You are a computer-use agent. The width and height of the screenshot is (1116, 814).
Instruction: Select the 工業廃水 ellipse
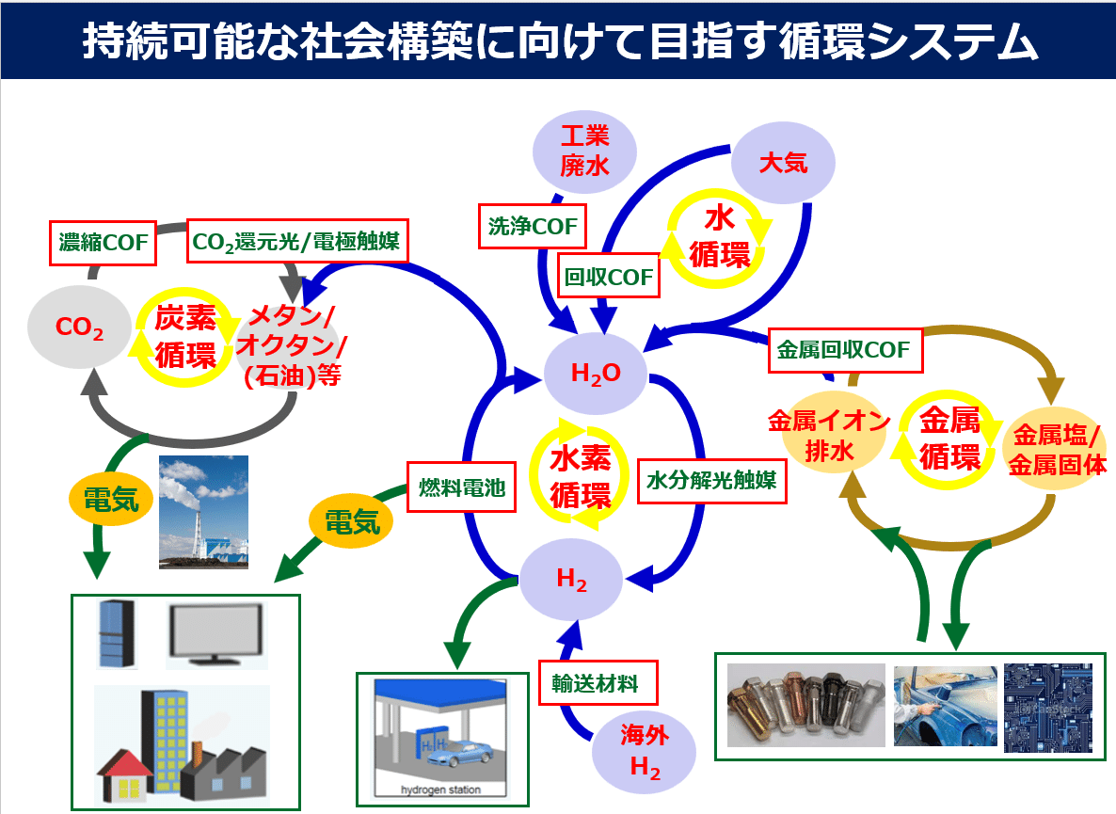[x=584, y=152]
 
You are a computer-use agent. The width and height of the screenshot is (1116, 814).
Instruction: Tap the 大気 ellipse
[x=783, y=163]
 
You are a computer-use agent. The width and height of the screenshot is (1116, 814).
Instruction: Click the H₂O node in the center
[x=596, y=374]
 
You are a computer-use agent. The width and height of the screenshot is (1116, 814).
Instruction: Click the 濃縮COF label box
[x=102, y=244]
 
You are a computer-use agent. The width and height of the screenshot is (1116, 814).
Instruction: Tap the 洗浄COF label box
[x=532, y=226]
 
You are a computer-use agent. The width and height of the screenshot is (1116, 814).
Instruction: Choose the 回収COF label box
[x=608, y=278]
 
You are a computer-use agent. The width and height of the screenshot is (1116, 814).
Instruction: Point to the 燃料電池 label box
[x=462, y=487]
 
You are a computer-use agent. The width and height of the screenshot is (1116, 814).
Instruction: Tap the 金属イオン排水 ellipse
[x=828, y=435]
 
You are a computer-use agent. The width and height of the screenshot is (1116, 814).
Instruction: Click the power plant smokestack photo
[x=203, y=513]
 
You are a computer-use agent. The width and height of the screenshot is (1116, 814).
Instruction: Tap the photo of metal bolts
[x=805, y=706]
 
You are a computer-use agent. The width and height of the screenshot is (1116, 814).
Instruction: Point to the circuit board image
[x=1047, y=708]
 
